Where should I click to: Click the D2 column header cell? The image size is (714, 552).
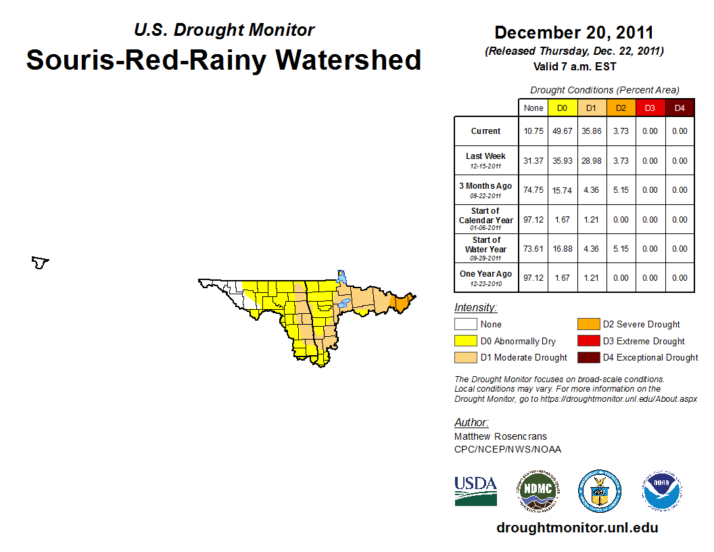[621, 108]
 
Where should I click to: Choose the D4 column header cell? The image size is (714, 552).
[680, 108]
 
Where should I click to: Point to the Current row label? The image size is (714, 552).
[486, 131]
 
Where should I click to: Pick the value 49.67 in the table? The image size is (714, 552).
[562, 131]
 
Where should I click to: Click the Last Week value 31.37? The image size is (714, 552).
[533, 161]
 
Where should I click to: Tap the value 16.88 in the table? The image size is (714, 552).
[562, 249]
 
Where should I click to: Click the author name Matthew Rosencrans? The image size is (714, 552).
[500, 436]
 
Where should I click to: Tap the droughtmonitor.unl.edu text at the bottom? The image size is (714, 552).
[577, 528]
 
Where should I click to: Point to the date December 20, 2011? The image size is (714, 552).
[574, 32]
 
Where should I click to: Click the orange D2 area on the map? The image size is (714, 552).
[401, 304]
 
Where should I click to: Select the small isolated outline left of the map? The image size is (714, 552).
[41, 262]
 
